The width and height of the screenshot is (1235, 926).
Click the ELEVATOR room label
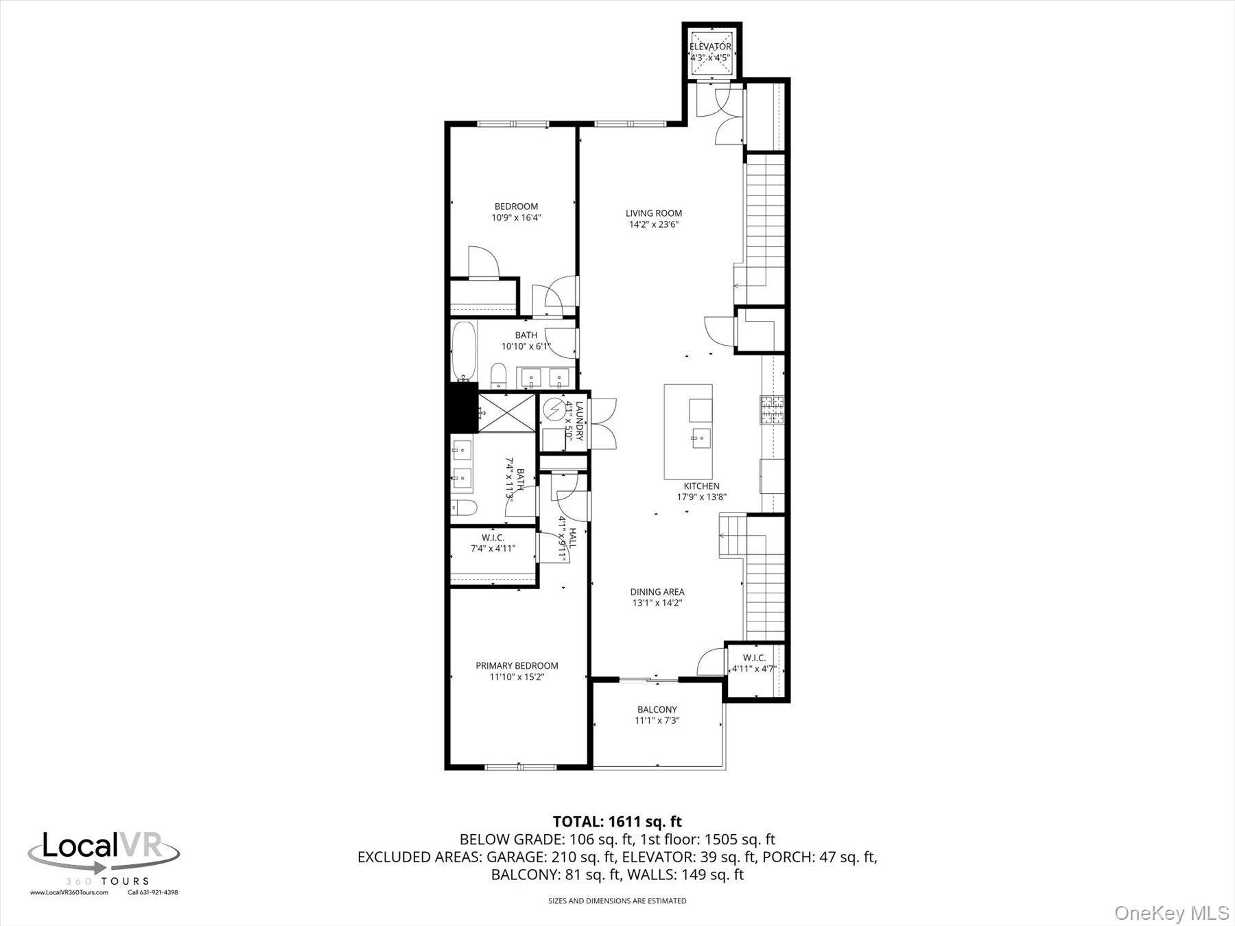(x=710, y=47)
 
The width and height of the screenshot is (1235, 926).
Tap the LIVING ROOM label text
(x=653, y=213)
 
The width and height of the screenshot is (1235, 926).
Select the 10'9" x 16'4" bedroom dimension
(x=516, y=218)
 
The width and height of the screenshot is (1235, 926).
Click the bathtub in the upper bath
(x=464, y=350)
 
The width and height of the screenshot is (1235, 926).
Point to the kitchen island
(x=687, y=431)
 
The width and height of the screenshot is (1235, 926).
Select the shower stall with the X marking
(x=506, y=412)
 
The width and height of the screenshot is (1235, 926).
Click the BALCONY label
(x=657, y=709)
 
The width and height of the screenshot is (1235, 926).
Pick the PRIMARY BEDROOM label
(x=517, y=665)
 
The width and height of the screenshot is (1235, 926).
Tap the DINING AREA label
(x=657, y=592)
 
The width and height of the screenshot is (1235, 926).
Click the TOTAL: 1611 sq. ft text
(x=617, y=821)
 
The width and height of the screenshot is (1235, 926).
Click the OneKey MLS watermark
(x=1171, y=913)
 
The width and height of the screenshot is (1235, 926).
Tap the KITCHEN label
(x=701, y=486)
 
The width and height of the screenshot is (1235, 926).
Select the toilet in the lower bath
(x=464, y=508)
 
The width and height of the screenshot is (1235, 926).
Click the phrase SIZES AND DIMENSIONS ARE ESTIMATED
(x=617, y=901)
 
